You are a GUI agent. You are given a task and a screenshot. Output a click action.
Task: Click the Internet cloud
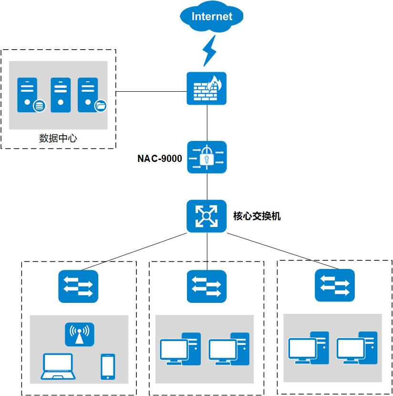[212, 18]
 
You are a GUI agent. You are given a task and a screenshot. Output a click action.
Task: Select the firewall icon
[207, 88]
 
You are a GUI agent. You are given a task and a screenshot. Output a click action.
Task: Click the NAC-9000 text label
[160, 159]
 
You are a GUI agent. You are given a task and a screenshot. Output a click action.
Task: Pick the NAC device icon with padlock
[207, 157]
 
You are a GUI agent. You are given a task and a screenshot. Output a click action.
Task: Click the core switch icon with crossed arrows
[207, 216]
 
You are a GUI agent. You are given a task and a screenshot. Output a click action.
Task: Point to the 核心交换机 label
[257, 216]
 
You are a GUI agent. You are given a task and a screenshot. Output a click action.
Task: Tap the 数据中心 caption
[58, 139]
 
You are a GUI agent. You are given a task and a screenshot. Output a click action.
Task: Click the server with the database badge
[29, 95]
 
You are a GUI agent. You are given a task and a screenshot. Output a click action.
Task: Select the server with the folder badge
[90, 95]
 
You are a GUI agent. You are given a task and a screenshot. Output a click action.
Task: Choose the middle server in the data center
[61, 95]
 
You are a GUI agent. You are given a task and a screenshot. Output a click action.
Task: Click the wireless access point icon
[80, 334]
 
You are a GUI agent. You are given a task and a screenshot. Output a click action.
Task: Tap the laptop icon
[57, 367]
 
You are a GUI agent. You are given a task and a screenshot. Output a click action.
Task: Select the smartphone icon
[108, 367]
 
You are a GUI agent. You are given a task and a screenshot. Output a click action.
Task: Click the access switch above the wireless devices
[78, 287]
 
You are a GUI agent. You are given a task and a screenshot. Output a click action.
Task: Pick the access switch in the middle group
[207, 287]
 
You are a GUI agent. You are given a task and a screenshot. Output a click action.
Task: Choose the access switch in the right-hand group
[335, 285]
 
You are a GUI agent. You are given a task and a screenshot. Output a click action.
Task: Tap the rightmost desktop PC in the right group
[357, 348]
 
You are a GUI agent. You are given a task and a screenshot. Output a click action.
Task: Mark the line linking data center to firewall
[151, 91]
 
